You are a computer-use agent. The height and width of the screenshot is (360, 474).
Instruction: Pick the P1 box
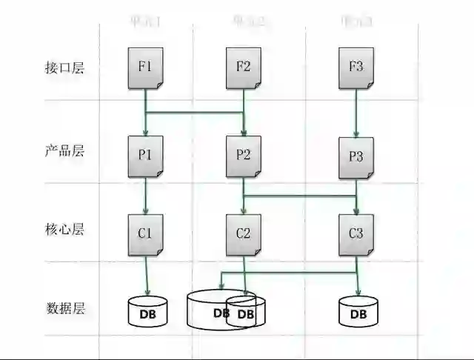145,156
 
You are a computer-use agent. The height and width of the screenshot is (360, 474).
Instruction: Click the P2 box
244,156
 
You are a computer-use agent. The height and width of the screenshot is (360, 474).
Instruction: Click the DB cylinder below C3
358,313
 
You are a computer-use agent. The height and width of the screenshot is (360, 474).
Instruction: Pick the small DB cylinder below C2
247,314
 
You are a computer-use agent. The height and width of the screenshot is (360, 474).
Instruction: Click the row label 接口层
64,68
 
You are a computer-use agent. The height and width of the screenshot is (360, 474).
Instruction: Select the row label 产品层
64,151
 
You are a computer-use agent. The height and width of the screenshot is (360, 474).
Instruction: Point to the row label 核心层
64,229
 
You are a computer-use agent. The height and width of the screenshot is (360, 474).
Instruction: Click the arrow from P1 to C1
146,196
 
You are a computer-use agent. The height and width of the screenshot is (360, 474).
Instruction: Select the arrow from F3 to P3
356,111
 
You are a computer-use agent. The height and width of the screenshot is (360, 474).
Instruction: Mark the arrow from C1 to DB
146,276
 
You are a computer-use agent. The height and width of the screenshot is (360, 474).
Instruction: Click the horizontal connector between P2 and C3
300,196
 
